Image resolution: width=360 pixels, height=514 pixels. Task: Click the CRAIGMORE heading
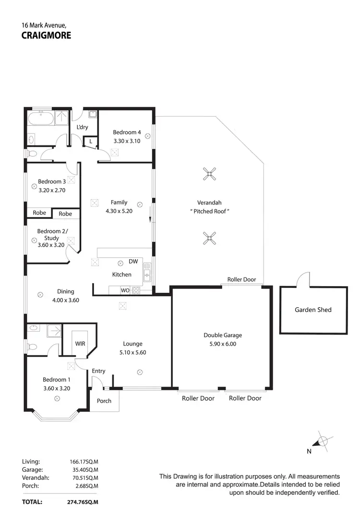tap(47, 35)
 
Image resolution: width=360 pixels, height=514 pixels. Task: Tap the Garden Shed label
tap(313, 310)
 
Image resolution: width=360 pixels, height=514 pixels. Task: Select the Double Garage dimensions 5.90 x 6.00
tap(223, 344)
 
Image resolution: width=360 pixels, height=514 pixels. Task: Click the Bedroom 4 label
tap(127, 132)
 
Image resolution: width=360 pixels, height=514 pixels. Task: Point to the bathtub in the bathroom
tap(41, 118)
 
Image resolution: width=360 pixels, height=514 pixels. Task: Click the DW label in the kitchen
tap(133, 262)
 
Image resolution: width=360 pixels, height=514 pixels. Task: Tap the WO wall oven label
tap(125, 290)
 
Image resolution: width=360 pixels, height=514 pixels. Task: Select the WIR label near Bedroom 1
tap(80, 344)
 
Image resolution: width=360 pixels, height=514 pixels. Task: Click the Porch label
tap(104, 401)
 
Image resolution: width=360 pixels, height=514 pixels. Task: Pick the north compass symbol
tap(323, 441)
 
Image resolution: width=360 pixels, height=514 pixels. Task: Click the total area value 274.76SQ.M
tap(82, 502)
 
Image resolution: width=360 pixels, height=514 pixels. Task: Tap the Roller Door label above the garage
tap(241, 279)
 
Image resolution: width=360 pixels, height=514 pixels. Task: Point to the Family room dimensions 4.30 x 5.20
tap(119, 211)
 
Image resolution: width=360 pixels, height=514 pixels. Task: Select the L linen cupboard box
tap(90, 141)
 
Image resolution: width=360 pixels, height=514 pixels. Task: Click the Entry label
tap(98, 371)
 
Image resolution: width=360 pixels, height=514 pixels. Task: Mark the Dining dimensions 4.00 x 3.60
tap(66, 300)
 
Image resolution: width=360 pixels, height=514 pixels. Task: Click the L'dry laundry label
tap(82, 127)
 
